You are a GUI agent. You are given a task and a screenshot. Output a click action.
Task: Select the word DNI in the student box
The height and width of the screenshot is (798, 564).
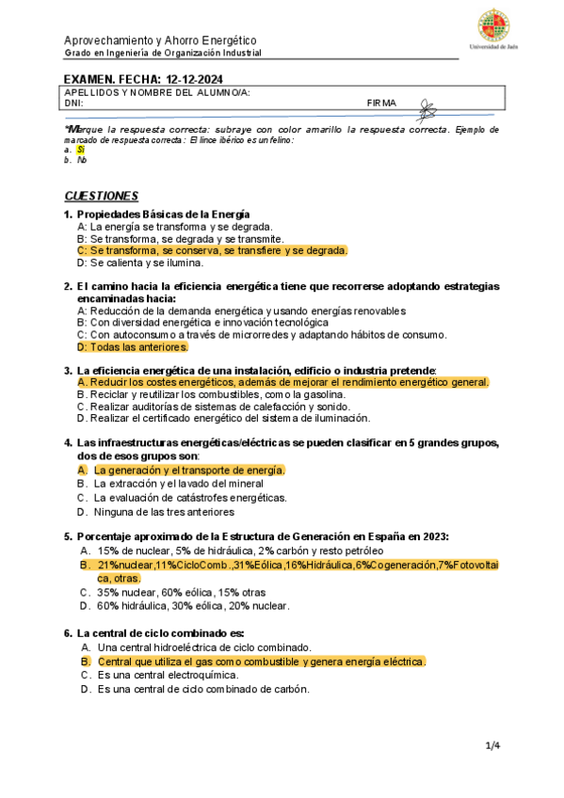pyautogui.click(x=73, y=103)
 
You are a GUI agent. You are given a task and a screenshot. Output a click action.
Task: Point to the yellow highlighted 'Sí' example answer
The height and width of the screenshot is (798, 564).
pyautogui.click(x=81, y=150)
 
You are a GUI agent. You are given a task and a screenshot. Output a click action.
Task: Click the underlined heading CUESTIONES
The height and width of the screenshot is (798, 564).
pyautogui.click(x=102, y=196)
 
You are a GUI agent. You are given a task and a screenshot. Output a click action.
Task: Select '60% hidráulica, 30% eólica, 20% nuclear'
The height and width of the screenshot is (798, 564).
pyautogui.click(x=193, y=606)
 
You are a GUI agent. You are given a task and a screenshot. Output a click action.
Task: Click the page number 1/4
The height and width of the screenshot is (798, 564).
pyautogui.click(x=492, y=746)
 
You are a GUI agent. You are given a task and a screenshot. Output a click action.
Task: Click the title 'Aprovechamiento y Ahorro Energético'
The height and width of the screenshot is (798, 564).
pyautogui.click(x=159, y=40)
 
